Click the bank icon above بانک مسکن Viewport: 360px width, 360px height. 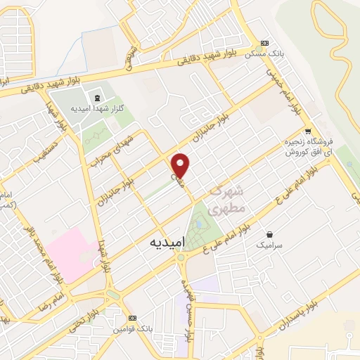pyautogui.click(x=264, y=41)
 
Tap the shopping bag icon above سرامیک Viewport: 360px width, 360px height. pyautogui.click(x=269, y=233)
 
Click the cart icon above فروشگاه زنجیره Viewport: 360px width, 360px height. pyautogui.click(x=308, y=132)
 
